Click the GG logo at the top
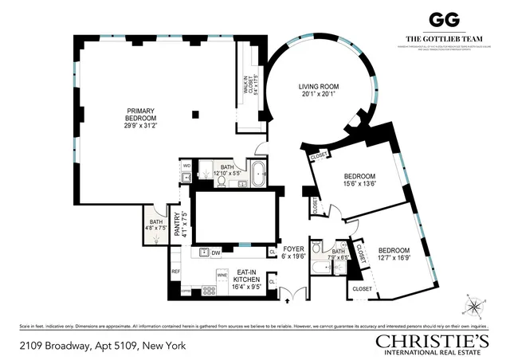[440, 20]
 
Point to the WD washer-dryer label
[186, 165]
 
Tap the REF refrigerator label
[175, 272]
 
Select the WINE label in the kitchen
[222, 275]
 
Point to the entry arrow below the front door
[288, 302]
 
